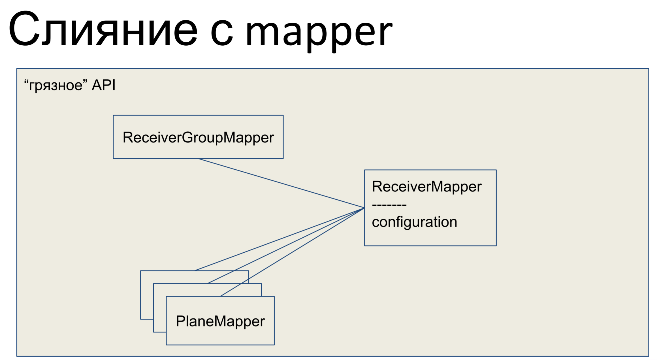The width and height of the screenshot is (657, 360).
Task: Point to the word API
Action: (104, 85)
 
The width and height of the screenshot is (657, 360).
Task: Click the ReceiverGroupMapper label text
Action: (198, 138)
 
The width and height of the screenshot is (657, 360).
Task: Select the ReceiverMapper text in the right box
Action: (427, 187)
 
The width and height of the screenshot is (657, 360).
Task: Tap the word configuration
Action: (415, 222)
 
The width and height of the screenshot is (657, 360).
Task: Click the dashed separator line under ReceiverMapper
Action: (389, 205)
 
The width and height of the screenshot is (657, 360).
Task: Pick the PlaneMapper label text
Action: (220, 322)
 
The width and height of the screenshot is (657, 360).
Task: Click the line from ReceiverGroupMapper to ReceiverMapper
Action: (281, 183)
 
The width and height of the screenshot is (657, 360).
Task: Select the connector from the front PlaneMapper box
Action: (292, 252)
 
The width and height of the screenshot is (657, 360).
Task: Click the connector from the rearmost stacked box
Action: (280, 239)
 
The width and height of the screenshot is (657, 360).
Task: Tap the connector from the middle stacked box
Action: (286, 246)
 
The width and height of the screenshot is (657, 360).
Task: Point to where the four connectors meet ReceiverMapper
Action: (364, 208)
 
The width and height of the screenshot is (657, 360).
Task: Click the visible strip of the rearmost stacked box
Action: (147, 295)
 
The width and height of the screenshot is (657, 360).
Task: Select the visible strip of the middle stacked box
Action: (160, 308)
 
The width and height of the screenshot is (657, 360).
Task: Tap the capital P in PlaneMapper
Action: (180, 321)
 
